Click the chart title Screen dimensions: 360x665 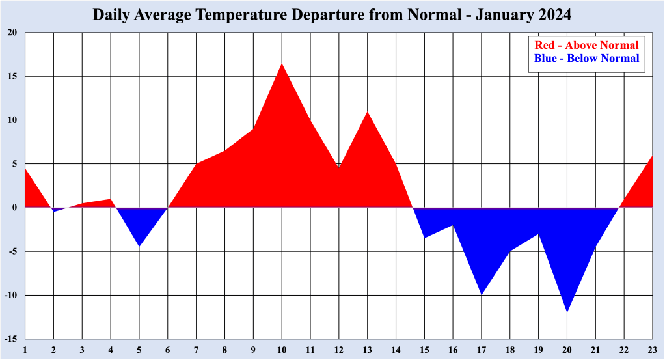[x=332, y=15]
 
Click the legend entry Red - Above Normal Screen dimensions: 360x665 [x=586, y=46]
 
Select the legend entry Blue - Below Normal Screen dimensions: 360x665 [x=586, y=59]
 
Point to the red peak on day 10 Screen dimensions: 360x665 [x=282, y=64]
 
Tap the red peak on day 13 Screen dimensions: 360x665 [x=368, y=113]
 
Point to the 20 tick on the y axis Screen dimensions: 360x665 [x=12, y=33]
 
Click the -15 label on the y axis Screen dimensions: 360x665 [x=11, y=339]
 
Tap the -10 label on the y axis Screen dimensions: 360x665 [x=11, y=296]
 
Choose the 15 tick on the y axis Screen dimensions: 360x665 [x=12, y=76]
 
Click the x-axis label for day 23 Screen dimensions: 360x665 [x=652, y=350]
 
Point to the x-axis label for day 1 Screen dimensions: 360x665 [x=25, y=350]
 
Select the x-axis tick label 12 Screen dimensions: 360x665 [x=338, y=350]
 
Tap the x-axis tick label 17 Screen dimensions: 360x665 [x=482, y=350]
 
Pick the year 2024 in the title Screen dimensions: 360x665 [x=554, y=15]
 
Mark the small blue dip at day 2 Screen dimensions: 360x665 [x=54, y=210]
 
